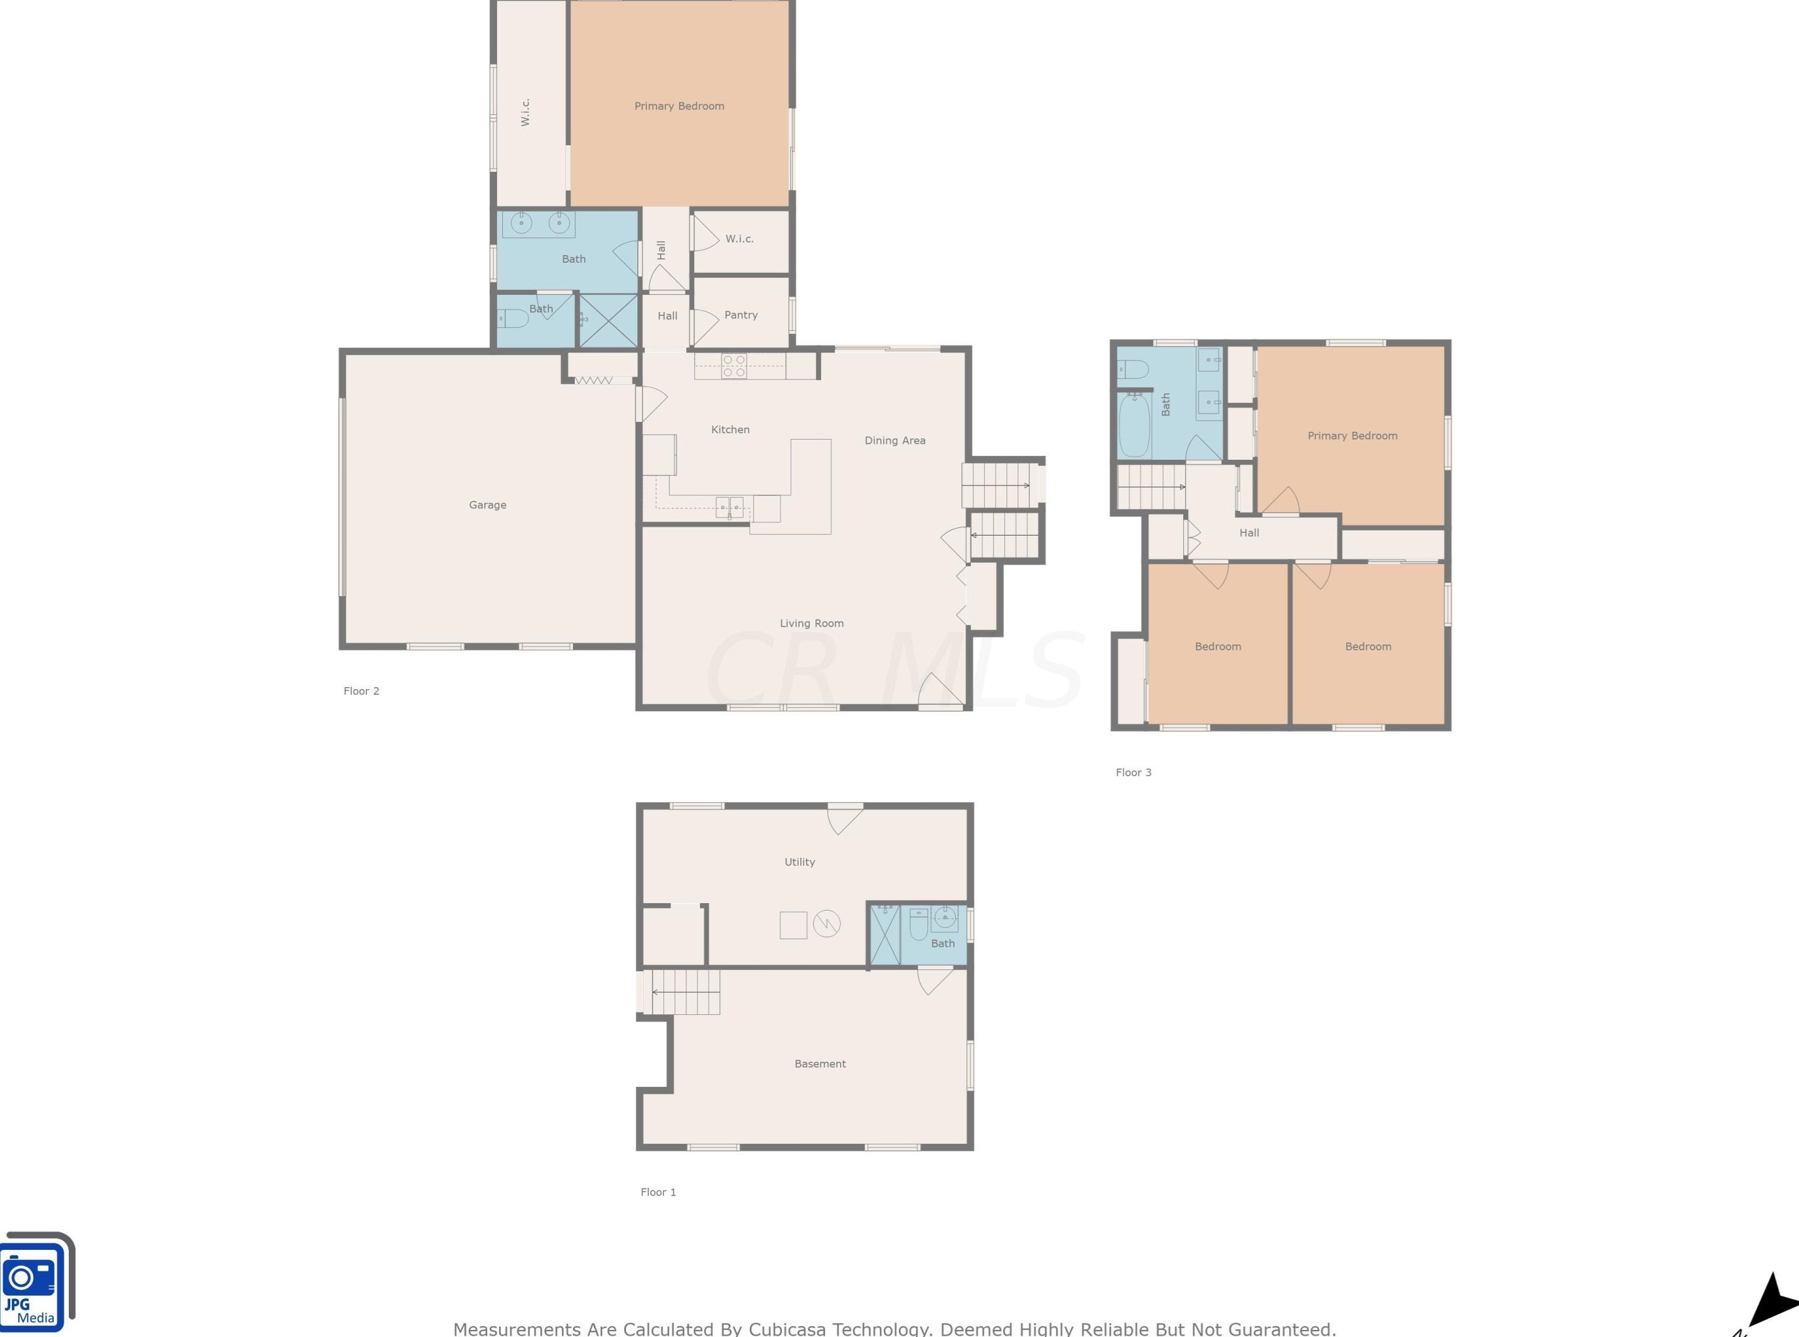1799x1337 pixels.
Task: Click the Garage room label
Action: coord(487,505)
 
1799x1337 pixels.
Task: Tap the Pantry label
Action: coord(740,315)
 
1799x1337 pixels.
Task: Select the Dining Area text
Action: coord(894,440)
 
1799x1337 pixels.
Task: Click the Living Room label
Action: coord(811,623)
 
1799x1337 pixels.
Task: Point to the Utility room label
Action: coord(798,862)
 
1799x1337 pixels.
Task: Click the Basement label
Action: coord(819,1064)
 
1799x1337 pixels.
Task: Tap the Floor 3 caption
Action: coord(1133,772)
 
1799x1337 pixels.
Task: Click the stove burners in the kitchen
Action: coord(733,366)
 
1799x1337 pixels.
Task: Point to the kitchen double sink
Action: coord(728,507)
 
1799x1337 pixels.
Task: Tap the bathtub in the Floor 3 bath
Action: coord(1134,425)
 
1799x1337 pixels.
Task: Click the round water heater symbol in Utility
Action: coord(826,923)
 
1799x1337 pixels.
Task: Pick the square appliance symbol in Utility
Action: coord(793,925)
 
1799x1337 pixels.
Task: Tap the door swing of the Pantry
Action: coord(705,326)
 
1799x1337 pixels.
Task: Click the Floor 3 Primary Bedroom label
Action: coord(1352,435)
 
